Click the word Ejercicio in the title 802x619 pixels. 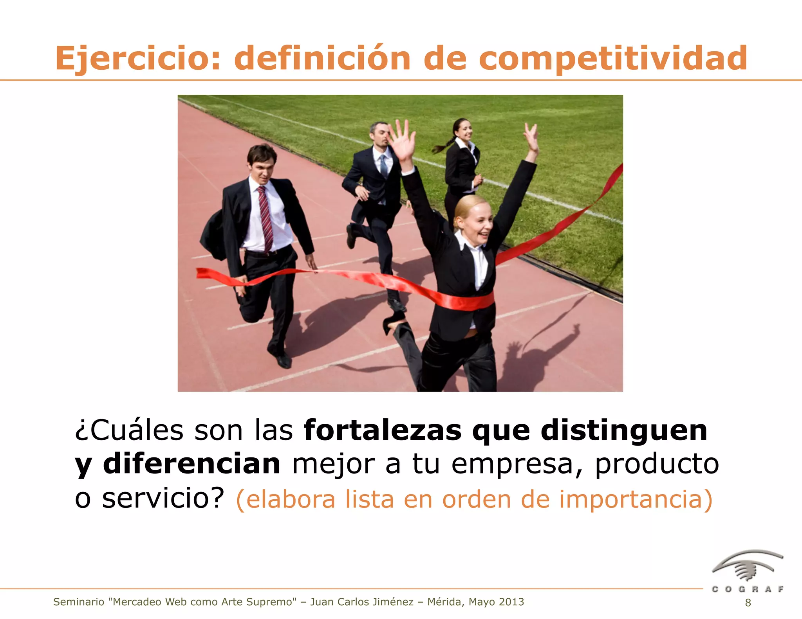(133, 59)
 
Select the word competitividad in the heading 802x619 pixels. (613, 59)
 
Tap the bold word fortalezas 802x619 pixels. (383, 430)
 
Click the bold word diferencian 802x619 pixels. (191, 464)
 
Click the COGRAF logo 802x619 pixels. (747, 572)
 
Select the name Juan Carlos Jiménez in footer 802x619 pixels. (362, 602)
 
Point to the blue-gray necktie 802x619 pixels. (384, 166)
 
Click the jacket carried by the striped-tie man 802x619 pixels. (213, 235)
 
